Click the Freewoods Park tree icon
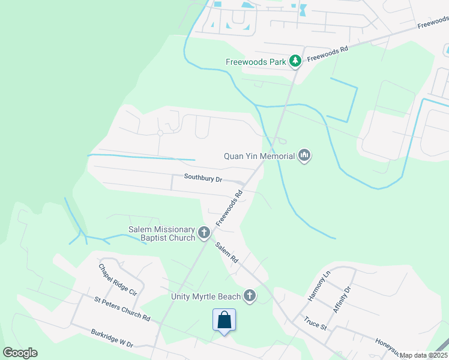(295, 61)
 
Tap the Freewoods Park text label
(256, 61)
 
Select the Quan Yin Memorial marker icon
(304, 156)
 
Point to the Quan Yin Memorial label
(259, 156)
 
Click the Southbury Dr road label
(203, 179)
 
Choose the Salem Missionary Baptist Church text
(162, 233)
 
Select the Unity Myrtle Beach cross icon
(250, 295)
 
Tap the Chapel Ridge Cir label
(118, 280)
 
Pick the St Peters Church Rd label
(122, 307)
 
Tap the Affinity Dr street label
(343, 297)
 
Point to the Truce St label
(315, 323)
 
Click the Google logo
(20, 352)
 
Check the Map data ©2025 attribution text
(424, 355)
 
